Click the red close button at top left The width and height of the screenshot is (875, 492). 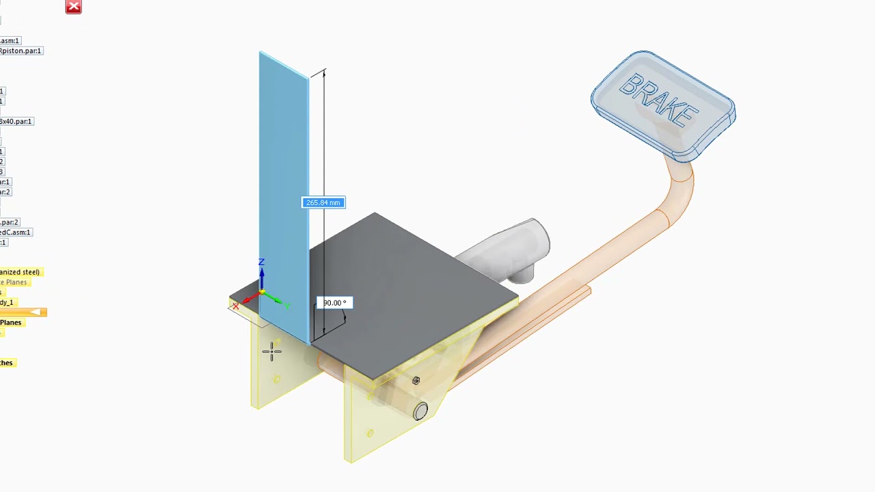click(73, 7)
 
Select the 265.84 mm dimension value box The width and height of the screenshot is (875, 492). click(323, 202)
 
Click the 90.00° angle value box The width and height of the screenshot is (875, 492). click(334, 303)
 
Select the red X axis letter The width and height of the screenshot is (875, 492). click(236, 306)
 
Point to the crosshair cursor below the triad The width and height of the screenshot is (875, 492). click(271, 352)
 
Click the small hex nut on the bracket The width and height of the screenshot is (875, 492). click(416, 381)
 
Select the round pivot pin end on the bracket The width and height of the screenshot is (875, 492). click(420, 411)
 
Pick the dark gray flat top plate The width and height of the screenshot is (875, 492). click(410, 294)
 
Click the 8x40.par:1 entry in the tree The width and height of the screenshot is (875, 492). click(16, 121)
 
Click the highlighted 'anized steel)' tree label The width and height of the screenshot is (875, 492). click(21, 272)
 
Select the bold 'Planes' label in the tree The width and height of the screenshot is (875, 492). click(11, 323)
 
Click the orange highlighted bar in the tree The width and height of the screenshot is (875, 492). click(23, 312)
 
